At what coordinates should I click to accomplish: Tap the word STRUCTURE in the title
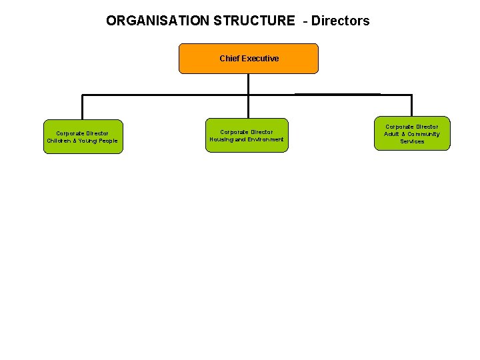click(253, 21)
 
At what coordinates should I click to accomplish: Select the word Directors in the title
click(341, 21)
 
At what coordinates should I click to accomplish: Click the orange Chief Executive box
click(248, 59)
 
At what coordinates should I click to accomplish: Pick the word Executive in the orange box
click(260, 59)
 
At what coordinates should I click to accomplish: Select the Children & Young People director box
click(83, 137)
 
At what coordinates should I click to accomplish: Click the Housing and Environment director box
click(247, 136)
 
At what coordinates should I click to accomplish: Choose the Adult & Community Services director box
click(411, 133)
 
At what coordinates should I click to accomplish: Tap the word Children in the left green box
click(59, 141)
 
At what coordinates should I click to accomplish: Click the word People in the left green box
click(107, 141)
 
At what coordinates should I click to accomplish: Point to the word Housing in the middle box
click(221, 139)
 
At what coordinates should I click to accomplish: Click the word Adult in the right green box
click(391, 134)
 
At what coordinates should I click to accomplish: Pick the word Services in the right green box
click(411, 141)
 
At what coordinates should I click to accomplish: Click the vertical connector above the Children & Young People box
click(83, 107)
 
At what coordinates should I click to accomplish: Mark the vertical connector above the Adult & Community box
click(411, 105)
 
